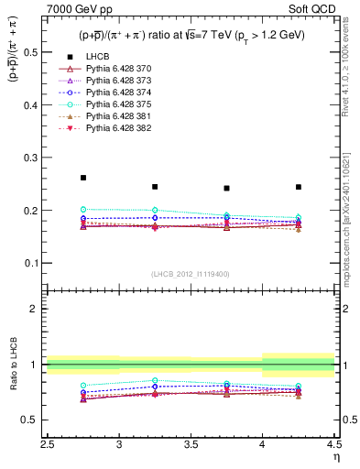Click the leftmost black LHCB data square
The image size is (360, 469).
click(83, 178)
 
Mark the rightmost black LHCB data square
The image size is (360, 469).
click(299, 187)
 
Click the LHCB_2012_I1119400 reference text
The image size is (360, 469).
click(191, 274)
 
